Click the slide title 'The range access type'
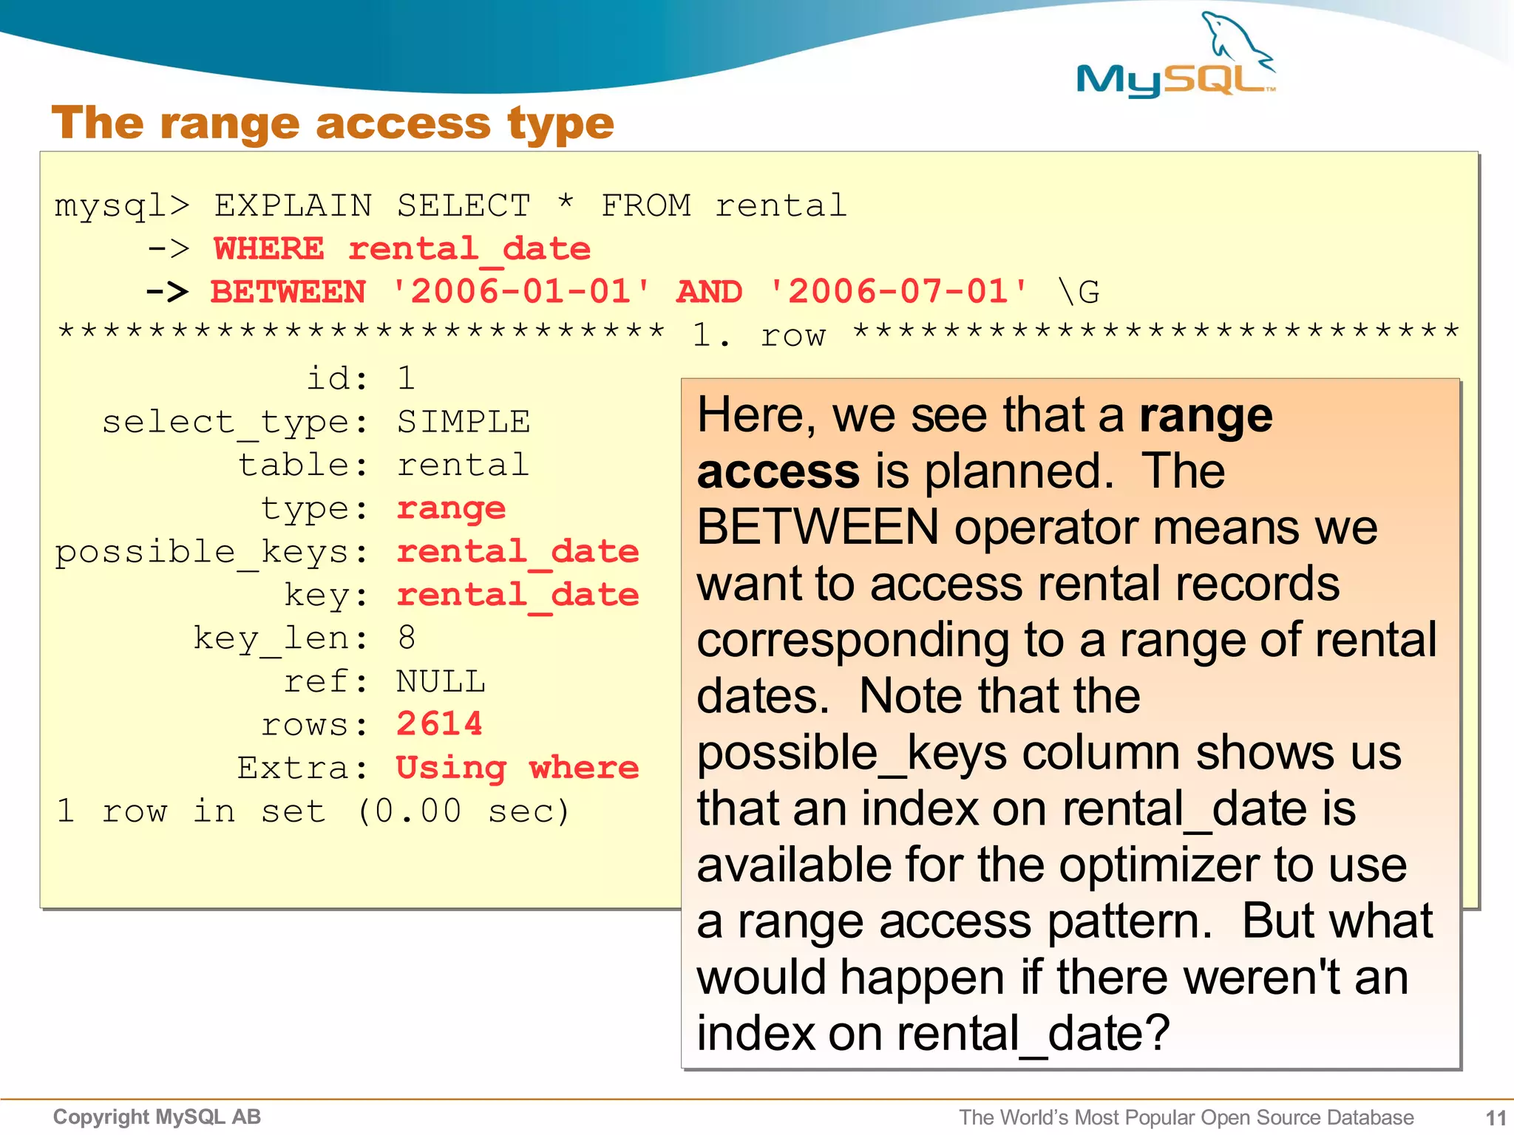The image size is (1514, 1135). click(333, 123)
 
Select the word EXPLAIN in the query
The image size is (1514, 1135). click(293, 205)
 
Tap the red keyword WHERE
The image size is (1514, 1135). click(269, 249)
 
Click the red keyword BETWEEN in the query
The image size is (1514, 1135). click(288, 292)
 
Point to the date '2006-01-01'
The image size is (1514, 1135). click(520, 292)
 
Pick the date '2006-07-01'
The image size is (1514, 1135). click(897, 292)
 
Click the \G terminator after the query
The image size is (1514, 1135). click(1079, 292)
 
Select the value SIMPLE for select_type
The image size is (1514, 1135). click(464, 422)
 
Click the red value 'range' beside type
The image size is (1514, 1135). click(451, 508)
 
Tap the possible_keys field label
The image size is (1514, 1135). click(201, 552)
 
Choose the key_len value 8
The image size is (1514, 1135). click(406, 638)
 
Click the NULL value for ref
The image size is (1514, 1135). click(441, 681)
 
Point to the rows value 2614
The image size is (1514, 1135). click(439, 724)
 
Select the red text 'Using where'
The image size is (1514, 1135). click(517, 768)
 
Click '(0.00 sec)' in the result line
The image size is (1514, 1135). click(464, 811)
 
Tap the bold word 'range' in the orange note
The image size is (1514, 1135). click(1206, 416)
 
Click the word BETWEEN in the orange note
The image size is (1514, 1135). click(818, 528)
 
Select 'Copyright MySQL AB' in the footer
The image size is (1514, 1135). click(157, 1117)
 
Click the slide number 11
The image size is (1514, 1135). click(1496, 1117)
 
